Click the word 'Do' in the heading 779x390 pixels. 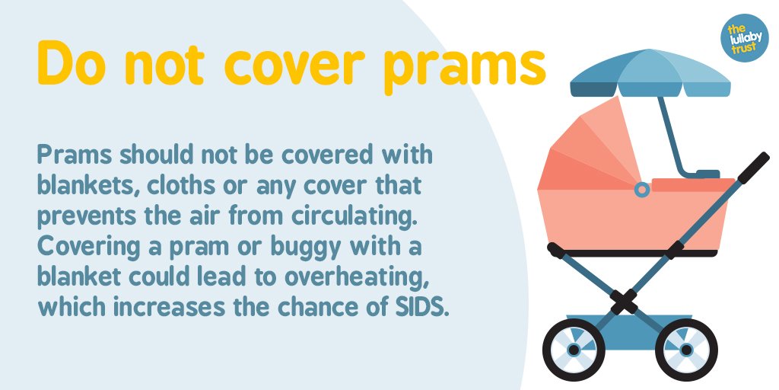tap(71, 64)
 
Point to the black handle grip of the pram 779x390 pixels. tap(753, 167)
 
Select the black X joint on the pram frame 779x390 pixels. tap(625, 302)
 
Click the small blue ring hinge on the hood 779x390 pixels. tap(642, 188)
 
